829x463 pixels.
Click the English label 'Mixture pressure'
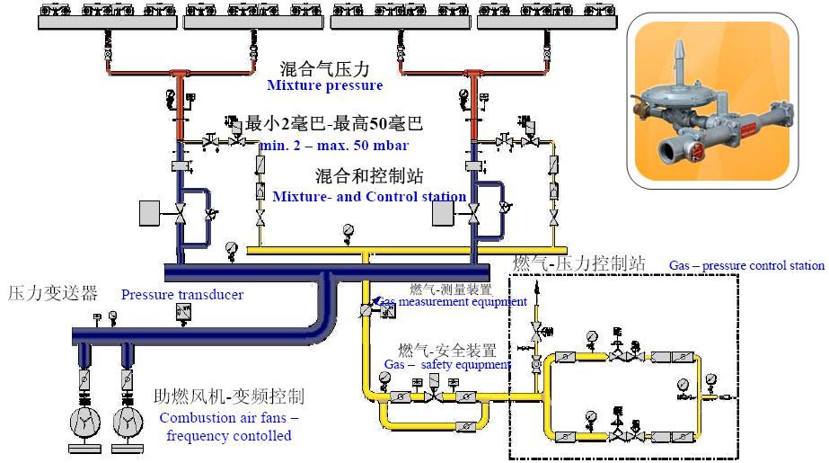[324, 86]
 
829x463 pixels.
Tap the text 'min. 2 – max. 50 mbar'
[334, 146]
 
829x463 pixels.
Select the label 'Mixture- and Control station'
[369, 196]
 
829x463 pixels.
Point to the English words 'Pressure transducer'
[182, 295]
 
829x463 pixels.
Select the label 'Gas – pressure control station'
[745, 265]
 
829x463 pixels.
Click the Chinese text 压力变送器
[52, 293]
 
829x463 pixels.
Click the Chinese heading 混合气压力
[324, 68]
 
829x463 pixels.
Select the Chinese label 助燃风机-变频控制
[228, 396]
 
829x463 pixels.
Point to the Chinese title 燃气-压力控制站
[579, 263]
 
